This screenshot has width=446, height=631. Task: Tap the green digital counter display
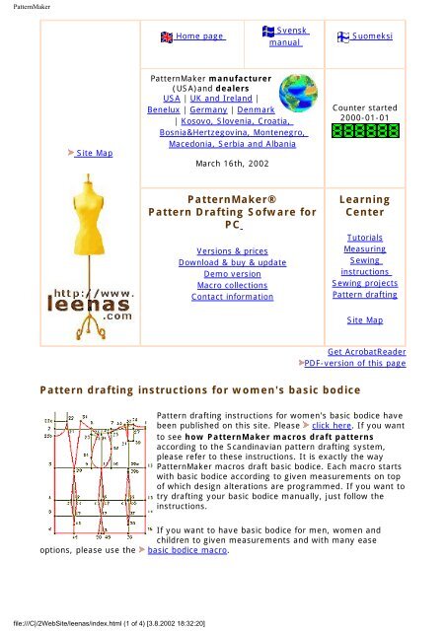[364, 129]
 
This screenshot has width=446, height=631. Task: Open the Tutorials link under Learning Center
[364, 239]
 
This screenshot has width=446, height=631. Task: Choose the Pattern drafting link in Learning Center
[364, 295]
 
